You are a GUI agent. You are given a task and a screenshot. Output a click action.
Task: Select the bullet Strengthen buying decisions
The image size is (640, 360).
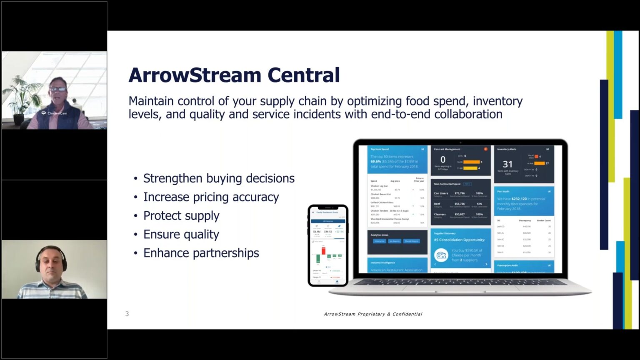tap(218, 178)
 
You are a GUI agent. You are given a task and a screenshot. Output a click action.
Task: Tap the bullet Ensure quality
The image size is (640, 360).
tap(181, 235)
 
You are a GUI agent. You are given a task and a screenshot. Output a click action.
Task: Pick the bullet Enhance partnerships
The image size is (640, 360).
tap(201, 253)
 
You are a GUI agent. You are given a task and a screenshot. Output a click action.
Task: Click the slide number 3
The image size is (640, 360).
tap(127, 314)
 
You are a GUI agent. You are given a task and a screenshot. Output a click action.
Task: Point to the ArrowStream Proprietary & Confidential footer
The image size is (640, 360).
tap(373, 314)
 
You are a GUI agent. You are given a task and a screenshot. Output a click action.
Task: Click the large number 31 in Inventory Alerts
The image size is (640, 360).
tap(507, 164)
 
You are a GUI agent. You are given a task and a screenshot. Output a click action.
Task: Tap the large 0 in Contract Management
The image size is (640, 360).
tap(443, 160)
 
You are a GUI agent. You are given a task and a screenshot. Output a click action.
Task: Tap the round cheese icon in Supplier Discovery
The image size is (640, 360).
tap(441, 255)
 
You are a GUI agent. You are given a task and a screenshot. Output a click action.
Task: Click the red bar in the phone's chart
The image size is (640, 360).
tap(323, 250)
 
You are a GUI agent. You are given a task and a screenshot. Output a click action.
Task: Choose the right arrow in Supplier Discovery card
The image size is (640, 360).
tap(486, 264)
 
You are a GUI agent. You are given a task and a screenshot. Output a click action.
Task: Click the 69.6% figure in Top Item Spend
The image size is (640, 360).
tap(376, 161)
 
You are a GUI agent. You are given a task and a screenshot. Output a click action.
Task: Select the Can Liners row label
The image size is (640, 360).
tap(441, 193)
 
